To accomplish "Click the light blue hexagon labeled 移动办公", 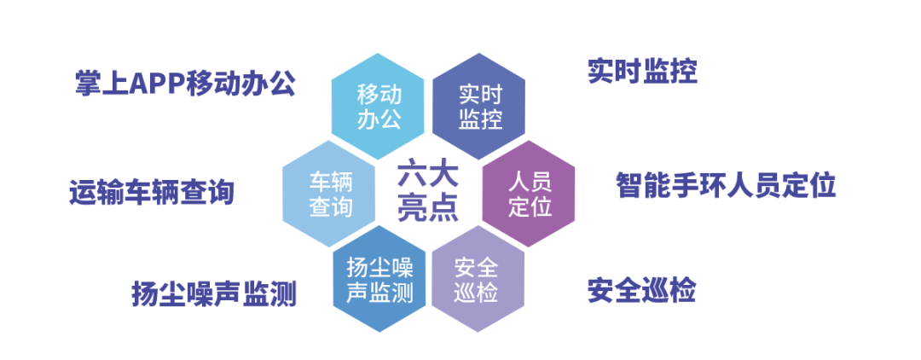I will pos(378,107).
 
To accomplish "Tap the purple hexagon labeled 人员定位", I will pos(530,194).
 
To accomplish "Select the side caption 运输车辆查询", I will pos(151,194).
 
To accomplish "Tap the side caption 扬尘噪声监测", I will pos(213,294).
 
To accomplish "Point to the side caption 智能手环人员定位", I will pos(726,185).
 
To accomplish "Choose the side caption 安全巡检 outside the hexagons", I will pos(641,292).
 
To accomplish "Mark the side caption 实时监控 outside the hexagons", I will pos(641,72).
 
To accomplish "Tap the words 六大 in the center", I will pos(428,177).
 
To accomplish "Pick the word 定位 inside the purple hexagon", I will pos(530,206).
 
